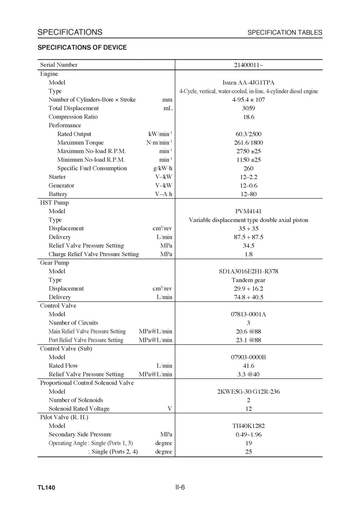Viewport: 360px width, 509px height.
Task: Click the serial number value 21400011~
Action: [x=249, y=65]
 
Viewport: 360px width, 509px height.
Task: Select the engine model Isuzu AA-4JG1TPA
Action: [x=249, y=83]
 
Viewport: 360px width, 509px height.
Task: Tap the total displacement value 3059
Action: [x=249, y=108]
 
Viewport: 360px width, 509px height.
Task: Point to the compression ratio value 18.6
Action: [x=249, y=117]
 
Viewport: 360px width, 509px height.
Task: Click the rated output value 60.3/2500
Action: [x=249, y=134]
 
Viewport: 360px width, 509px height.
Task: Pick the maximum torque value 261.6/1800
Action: [x=249, y=143]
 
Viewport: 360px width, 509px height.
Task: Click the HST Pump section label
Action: [x=54, y=203]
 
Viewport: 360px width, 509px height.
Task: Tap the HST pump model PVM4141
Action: [x=249, y=211]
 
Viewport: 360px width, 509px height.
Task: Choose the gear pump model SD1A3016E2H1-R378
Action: [x=249, y=272]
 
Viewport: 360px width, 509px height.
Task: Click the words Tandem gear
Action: [x=249, y=280]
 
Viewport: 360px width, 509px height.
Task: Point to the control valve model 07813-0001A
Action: [x=249, y=314]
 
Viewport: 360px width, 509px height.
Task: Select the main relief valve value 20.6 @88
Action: [x=249, y=332]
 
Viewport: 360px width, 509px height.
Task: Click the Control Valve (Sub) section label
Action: [x=66, y=349]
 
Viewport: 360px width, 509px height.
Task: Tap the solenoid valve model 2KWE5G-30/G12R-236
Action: [x=249, y=392]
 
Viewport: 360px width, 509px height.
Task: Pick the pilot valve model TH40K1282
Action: [x=249, y=426]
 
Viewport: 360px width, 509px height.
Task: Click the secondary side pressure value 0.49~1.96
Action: [x=249, y=435]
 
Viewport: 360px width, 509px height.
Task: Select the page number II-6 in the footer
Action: [x=180, y=487]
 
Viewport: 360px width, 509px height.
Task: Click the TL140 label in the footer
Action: [x=46, y=488]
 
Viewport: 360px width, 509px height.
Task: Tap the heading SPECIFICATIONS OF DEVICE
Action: [x=82, y=47]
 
